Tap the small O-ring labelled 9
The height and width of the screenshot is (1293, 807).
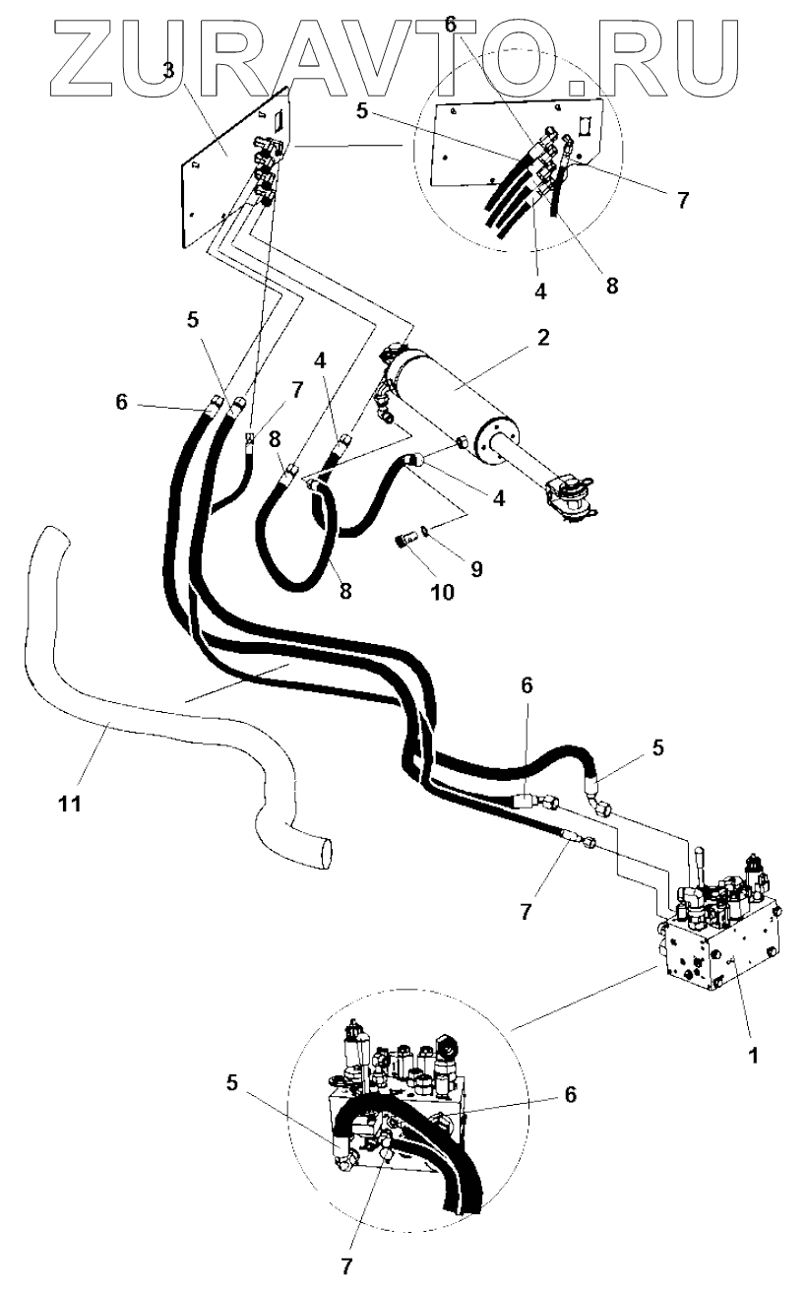422,532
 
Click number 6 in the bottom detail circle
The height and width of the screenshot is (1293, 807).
571,1093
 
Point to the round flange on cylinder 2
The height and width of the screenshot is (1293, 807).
498,441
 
